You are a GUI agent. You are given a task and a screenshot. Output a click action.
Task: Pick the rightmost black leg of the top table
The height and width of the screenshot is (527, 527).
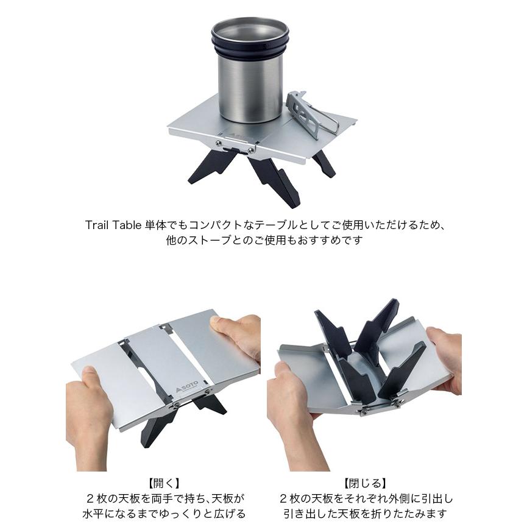coord(323,163)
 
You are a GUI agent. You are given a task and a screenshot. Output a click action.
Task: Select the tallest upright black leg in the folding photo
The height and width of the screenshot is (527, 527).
coord(378,323)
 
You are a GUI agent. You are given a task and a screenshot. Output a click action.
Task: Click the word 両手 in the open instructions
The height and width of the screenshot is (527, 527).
coord(155,498)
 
